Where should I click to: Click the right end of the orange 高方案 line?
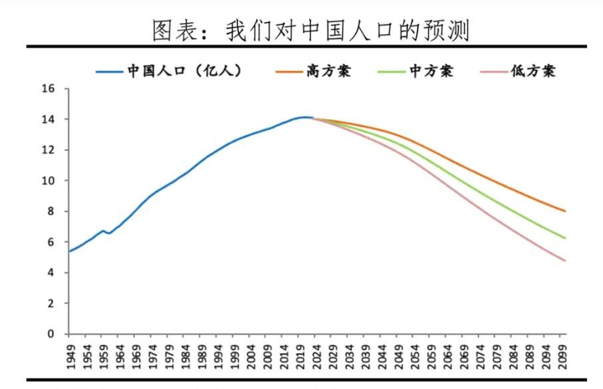(565, 211)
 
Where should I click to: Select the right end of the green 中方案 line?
(565, 238)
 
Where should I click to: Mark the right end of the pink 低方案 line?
(565, 261)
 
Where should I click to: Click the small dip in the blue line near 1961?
(109, 233)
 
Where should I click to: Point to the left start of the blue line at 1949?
(70, 251)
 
